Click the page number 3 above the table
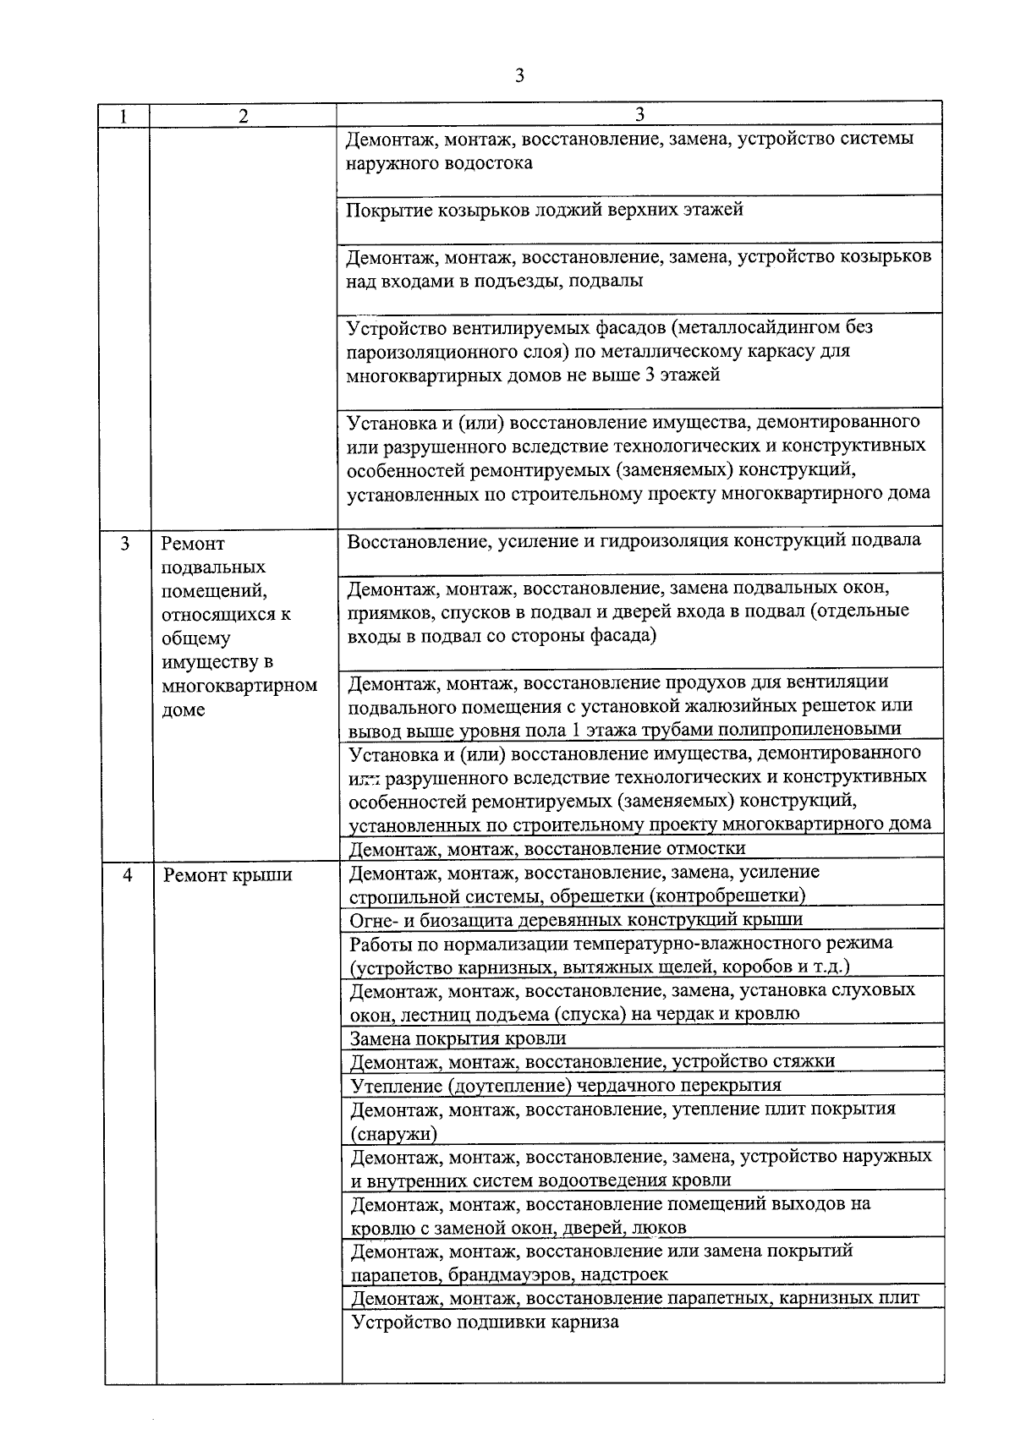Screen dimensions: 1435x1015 click(519, 76)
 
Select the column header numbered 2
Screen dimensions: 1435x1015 click(244, 117)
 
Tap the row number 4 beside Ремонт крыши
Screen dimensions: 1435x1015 click(128, 875)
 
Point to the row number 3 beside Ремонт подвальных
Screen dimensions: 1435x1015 click(124, 544)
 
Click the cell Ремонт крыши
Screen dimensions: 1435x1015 click(228, 875)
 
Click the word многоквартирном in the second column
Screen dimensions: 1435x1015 click(239, 686)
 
